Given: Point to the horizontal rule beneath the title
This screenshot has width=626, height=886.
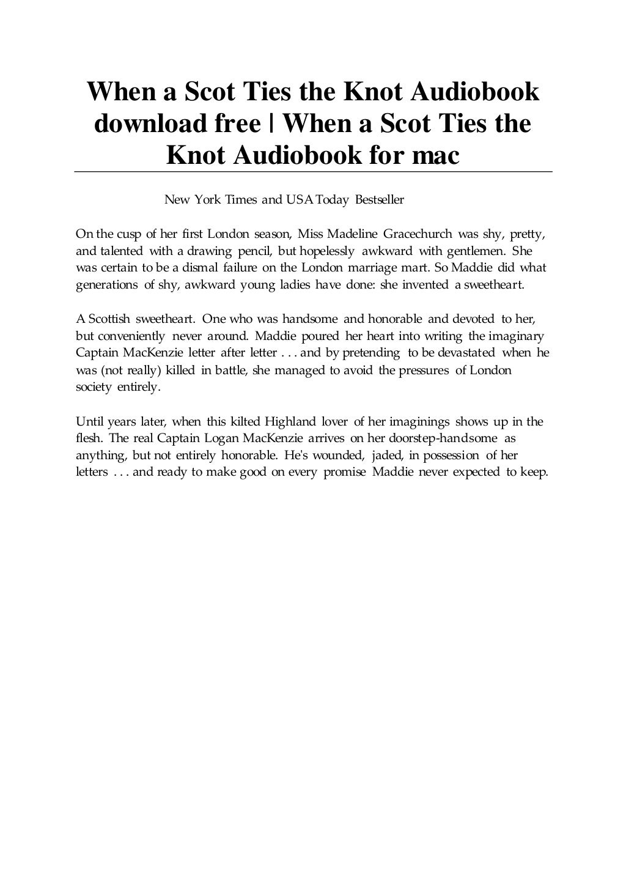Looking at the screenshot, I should click(313, 172).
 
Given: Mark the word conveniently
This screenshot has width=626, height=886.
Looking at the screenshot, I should click(130, 336).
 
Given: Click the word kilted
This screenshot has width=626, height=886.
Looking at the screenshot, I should click(245, 421).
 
